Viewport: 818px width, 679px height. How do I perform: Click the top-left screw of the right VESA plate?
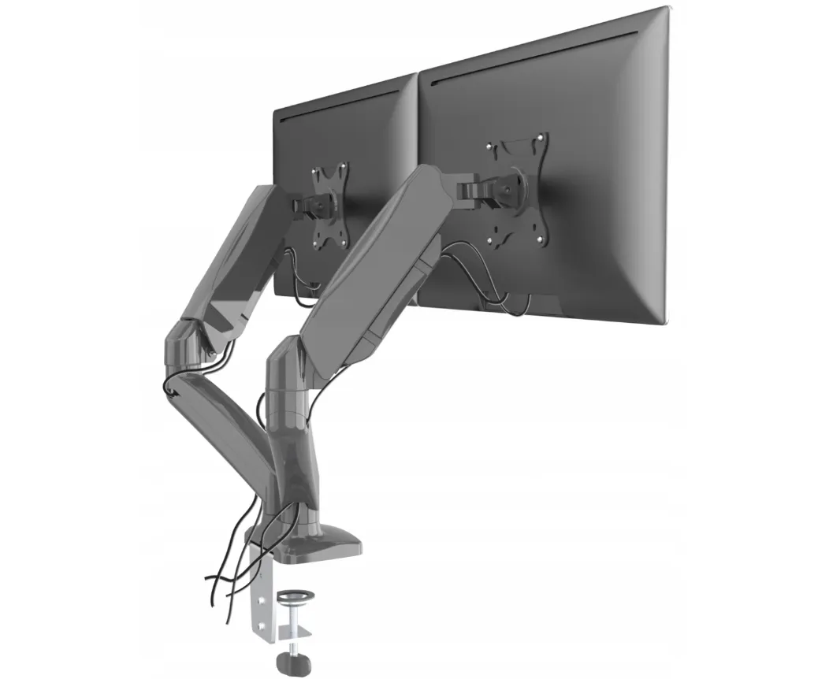click(490, 147)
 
